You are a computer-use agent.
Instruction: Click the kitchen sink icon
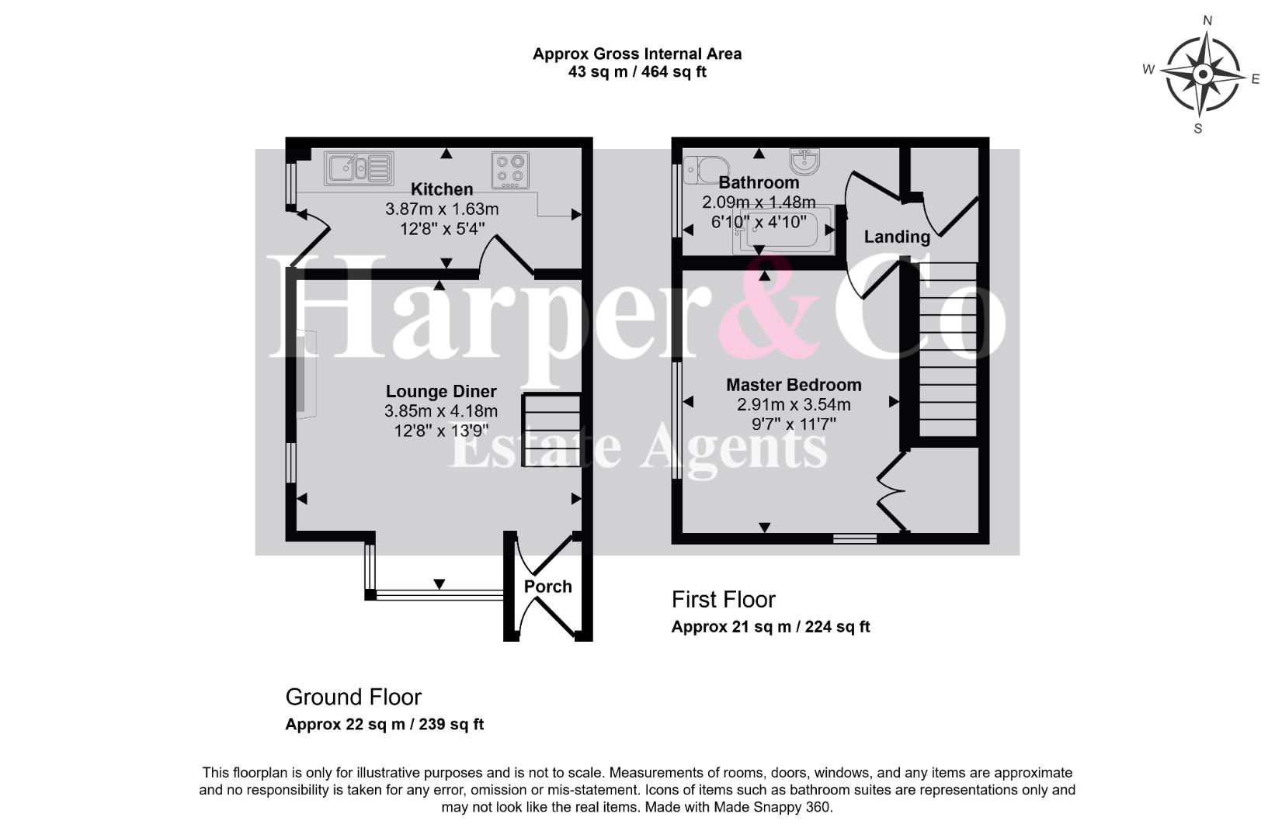pyautogui.click(x=359, y=168)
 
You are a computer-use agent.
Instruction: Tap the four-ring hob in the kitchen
pyautogui.click(x=511, y=170)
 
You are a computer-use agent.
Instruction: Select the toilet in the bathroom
pyautogui.click(x=706, y=170)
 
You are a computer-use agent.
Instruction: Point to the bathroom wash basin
pyautogui.click(x=805, y=161)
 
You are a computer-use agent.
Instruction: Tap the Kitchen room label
pyautogui.click(x=442, y=189)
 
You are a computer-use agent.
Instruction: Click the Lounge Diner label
pyautogui.click(x=441, y=391)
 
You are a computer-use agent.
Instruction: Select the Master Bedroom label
pyautogui.click(x=794, y=385)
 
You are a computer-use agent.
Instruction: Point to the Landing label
pyautogui.click(x=897, y=237)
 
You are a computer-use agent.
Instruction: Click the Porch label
pyautogui.click(x=547, y=587)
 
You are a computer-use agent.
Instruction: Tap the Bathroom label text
pyautogui.click(x=759, y=182)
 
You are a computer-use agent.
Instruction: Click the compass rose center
pyautogui.click(x=1203, y=74)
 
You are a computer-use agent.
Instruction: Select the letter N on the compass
pyautogui.click(x=1207, y=21)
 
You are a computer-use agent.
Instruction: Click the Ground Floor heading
pyautogui.click(x=353, y=697)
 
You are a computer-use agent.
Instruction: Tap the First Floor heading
pyautogui.click(x=723, y=600)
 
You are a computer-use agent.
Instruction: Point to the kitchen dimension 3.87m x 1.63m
pyautogui.click(x=442, y=209)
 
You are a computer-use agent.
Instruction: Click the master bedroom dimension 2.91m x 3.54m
pyautogui.click(x=794, y=405)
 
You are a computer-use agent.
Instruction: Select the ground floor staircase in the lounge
pyautogui.click(x=551, y=430)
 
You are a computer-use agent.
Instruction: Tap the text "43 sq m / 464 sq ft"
pyautogui.click(x=637, y=72)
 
